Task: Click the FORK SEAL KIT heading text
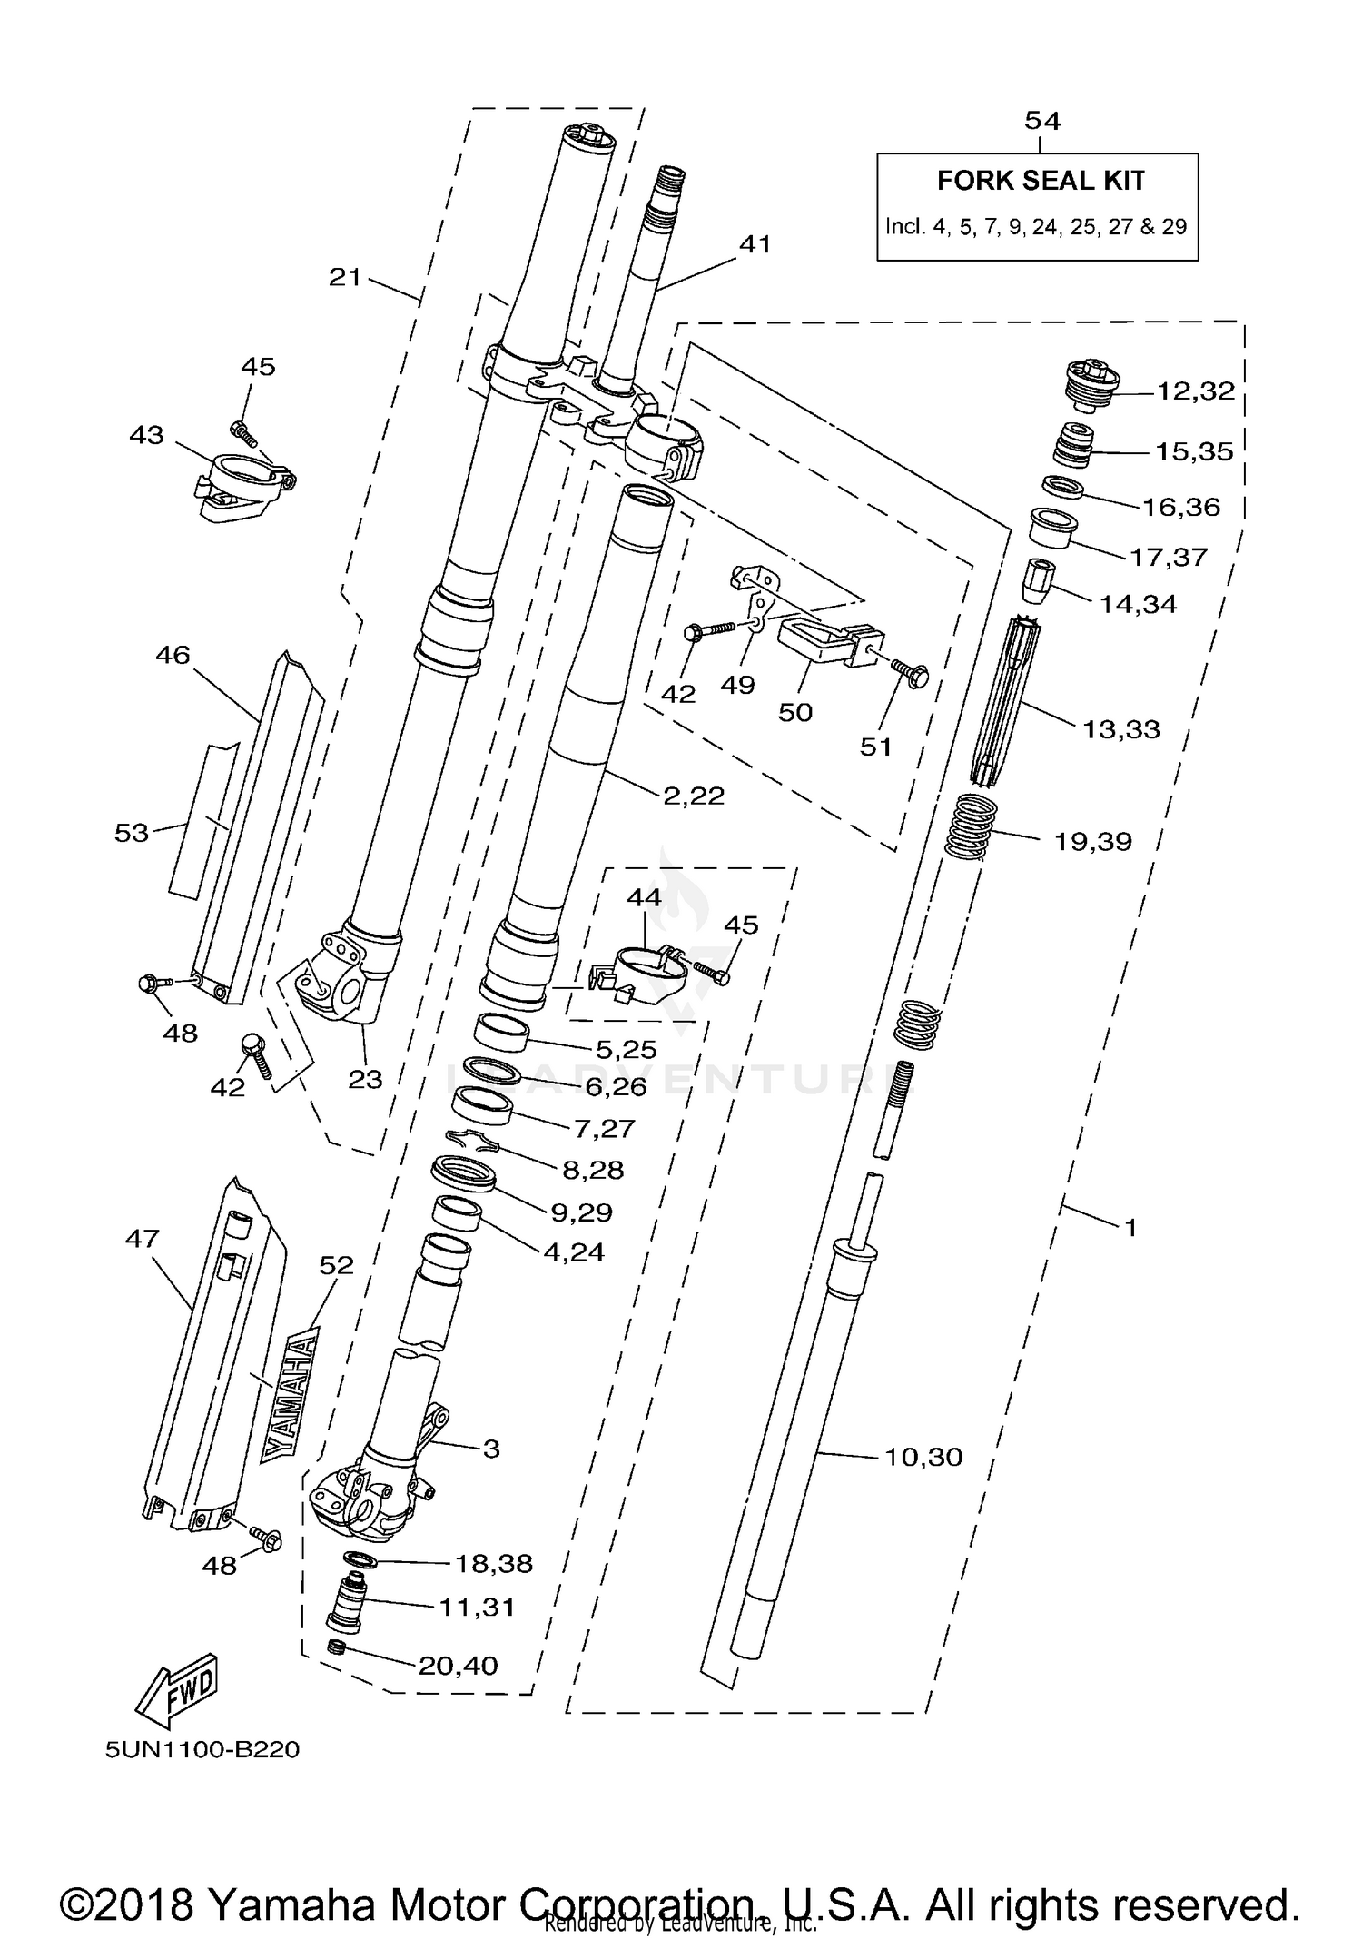pyautogui.click(x=1041, y=181)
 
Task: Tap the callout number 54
pyautogui.click(x=1042, y=121)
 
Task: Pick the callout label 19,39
pyautogui.click(x=1093, y=842)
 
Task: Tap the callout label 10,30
pyautogui.click(x=923, y=1458)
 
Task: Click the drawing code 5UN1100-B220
pyautogui.click(x=202, y=1750)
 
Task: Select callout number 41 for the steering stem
pyautogui.click(x=755, y=244)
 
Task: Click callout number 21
pyautogui.click(x=345, y=277)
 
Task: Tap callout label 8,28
pyautogui.click(x=593, y=1171)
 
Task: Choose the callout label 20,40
pyautogui.click(x=458, y=1666)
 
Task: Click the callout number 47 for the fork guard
pyautogui.click(x=143, y=1239)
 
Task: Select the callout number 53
pyautogui.click(x=132, y=833)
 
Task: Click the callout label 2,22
pyautogui.click(x=694, y=796)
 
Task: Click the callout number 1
pyautogui.click(x=1130, y=1228)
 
